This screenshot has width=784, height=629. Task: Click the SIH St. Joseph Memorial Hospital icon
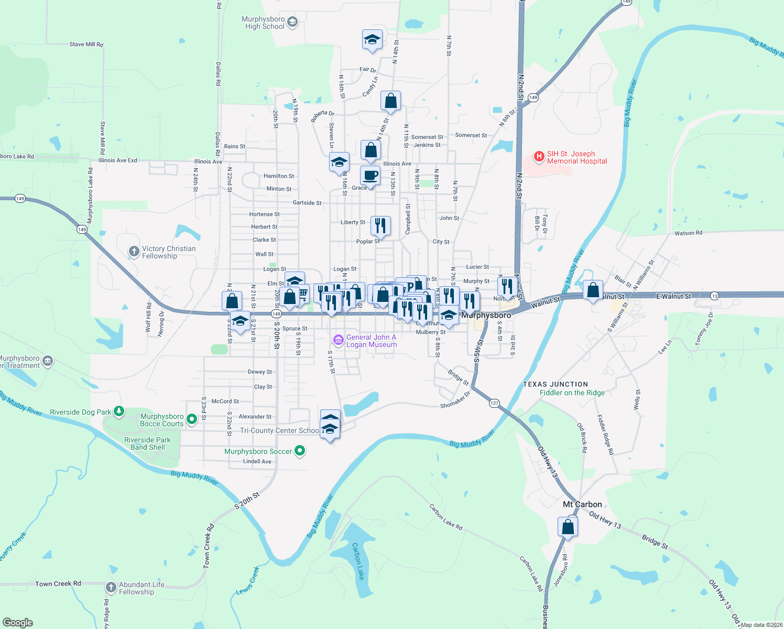tap(539, 156)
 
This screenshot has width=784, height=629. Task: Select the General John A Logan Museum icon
tap(339, 341)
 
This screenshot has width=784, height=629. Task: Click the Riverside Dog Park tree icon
tap(119, 411)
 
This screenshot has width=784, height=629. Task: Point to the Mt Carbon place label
tap(582, 504)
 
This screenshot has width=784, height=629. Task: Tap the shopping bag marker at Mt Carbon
tap(568, 526)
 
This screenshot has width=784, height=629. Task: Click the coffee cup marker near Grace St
tap(370, 176)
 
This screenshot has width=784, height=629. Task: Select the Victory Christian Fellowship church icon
tap(134, 252)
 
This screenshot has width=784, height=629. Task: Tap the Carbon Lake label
tap(358, 561)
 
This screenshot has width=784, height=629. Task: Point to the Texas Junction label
tap(556, 384)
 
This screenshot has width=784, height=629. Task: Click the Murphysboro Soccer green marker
tap(300, 451)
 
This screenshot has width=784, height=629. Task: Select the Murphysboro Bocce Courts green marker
tap(191, 419)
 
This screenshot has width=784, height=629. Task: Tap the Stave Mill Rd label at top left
tap(86, 45)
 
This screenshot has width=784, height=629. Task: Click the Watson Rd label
tap(688, 233)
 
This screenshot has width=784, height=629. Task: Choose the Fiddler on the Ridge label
tap(572, 393)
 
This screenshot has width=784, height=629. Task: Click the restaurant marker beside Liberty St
tap(380, 226)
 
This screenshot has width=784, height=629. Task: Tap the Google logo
tap(18, 623)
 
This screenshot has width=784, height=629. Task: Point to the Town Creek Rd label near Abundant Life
tap(58, 583)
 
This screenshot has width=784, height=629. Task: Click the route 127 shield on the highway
tap(494, 403)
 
